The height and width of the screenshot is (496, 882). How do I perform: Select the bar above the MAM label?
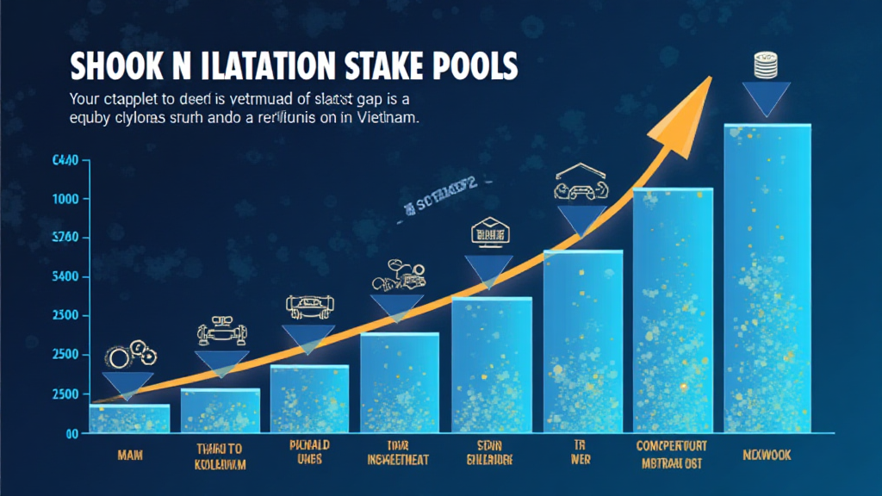tap(129, 418)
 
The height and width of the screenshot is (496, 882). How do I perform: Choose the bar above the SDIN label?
tap(492, 365)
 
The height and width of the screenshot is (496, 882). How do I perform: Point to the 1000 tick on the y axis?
tap(66, 199)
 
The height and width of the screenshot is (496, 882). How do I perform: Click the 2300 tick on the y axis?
tap(66, 315)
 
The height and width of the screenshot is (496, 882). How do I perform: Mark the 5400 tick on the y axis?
tap(66, 276)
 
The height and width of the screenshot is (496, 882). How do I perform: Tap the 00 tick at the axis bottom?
tap(72, 434)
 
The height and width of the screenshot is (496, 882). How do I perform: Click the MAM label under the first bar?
tap(130, 453)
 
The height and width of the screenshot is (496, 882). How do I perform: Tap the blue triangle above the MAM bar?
tap(128, 384)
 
